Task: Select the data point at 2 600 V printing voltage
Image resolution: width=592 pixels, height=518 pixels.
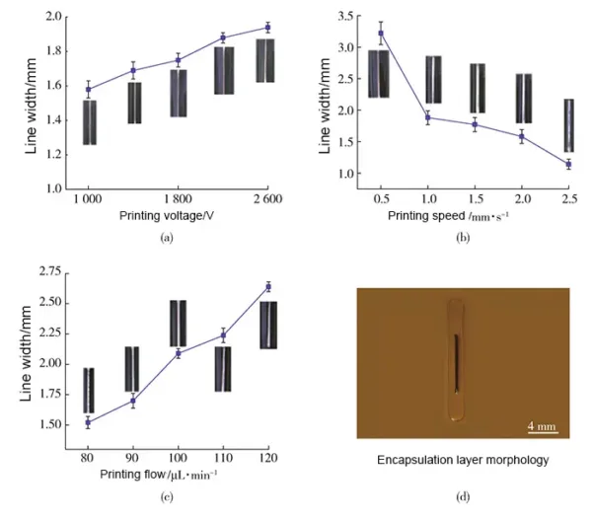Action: (x=266, y=28)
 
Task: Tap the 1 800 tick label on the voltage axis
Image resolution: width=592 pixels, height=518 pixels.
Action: (x=178, y=200)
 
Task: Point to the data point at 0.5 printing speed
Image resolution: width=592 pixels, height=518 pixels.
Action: (x=381, y=33)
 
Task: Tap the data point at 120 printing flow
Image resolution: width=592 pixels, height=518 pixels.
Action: (x=267, y=286)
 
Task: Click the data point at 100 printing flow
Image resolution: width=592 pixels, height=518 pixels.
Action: (x=178, y=353)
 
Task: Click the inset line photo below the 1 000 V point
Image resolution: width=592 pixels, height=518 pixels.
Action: (x=89, y=122)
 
